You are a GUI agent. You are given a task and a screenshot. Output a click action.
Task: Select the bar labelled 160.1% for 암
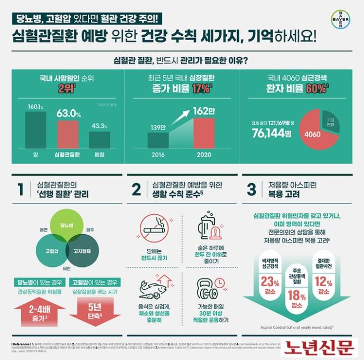pyautogui.click(x=35, y=130)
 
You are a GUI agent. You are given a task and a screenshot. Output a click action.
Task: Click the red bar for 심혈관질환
pyautogui.click(x=68, y=136)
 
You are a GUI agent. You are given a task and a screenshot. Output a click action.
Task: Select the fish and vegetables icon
pyautogui.click(x=154, y=289)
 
